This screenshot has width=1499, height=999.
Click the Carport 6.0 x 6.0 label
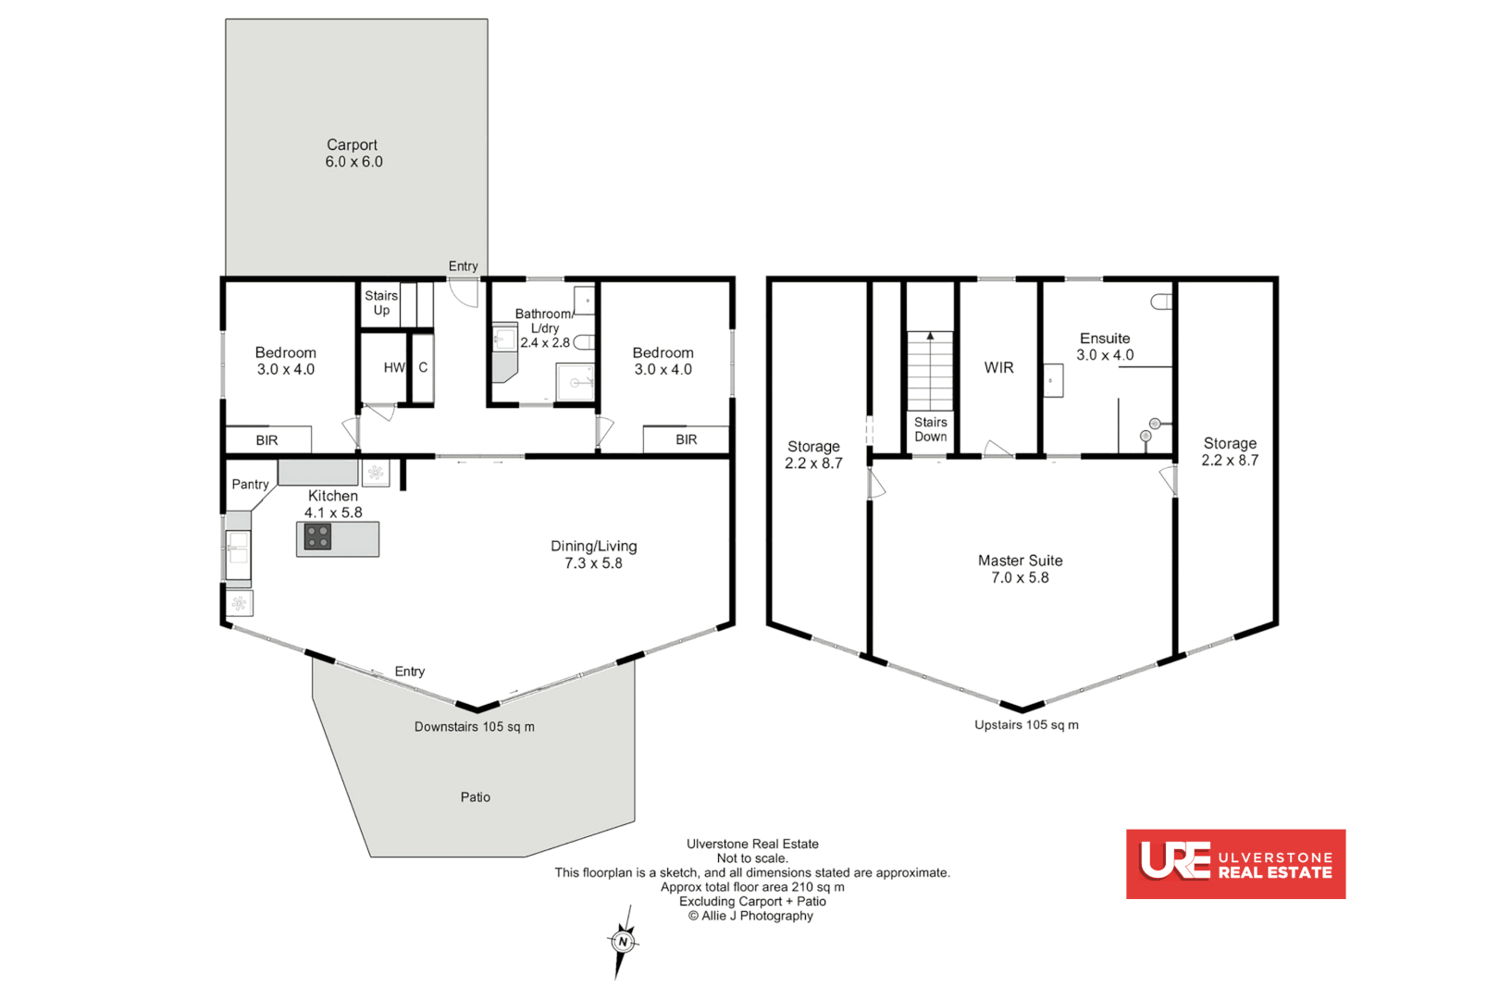(353, 154)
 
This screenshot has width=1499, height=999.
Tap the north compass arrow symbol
(623, 942)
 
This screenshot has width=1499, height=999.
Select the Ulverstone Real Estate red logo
(1234, 863)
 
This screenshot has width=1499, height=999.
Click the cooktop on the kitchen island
(317, 536)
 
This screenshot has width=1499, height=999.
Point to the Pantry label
(250, 484)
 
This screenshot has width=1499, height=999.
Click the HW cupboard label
(393, 367)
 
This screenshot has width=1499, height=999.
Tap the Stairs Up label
(380, 302)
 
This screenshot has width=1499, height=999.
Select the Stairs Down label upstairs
(930, 429)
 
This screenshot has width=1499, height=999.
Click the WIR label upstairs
(998, 367)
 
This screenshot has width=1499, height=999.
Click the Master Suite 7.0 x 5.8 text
(1020, 569)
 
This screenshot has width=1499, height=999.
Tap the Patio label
(475, 796)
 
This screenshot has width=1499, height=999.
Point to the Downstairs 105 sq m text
(474, 726)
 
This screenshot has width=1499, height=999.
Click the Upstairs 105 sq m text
(1025, 724)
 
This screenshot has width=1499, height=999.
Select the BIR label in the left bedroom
(266, 440)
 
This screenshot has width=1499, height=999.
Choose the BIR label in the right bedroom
(686, 439)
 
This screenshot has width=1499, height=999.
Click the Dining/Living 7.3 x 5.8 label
(593, 554)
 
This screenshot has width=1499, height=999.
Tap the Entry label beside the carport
(463, 265)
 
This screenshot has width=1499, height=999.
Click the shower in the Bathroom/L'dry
(575, 381)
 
